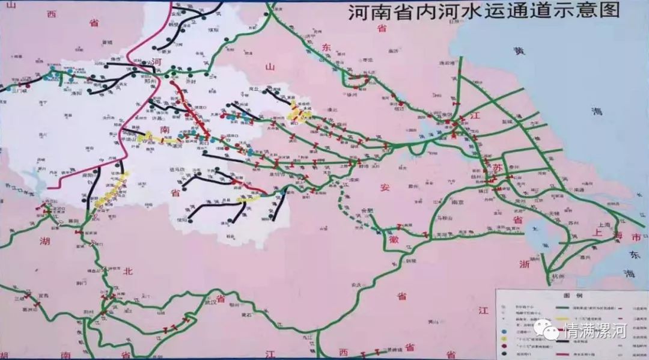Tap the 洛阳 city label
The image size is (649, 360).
pyautogui.click(x=76, y=93)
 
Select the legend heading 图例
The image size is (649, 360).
pyautogui.click(x=569, y=296)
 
